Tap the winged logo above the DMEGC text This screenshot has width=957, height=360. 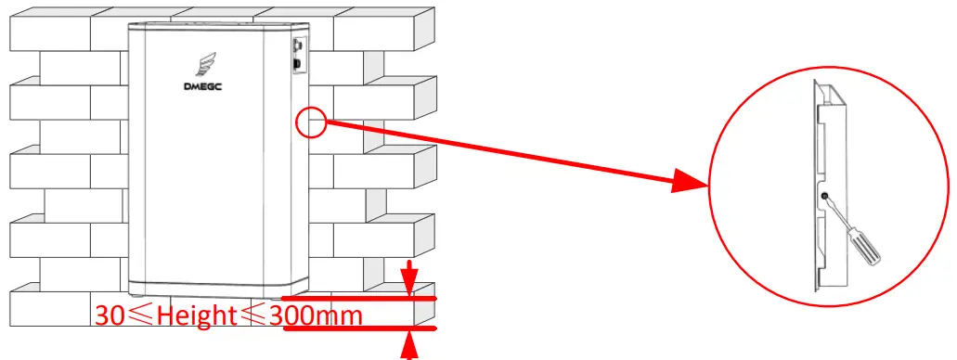[207, 65]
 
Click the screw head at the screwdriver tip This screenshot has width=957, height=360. [826, 196]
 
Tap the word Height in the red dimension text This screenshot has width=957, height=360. [196, 315]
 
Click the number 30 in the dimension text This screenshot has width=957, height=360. [110, 315]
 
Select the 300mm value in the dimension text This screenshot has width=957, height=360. [316, 315]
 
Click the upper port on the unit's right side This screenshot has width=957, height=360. [296, 45]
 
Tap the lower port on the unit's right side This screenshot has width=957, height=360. [296, 65]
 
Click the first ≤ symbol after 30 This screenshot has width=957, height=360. [140, 316]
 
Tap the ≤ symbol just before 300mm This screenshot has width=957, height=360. [254, 316]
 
